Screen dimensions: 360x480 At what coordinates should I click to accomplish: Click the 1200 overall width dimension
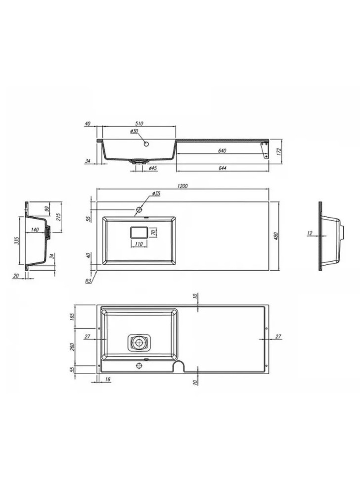(x=182, y=186)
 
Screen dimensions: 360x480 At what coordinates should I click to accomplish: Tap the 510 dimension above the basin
(x=139, y=124)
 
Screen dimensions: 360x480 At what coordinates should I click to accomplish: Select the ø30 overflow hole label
(x=135, y=131)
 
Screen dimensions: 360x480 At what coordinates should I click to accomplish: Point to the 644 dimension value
(x=223, y=168)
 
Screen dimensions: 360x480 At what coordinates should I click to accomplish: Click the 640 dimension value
(x=222, y=150)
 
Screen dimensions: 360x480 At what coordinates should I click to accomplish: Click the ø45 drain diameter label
(x=153, y=168)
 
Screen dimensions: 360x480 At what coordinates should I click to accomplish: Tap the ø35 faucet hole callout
(x=156, y=193)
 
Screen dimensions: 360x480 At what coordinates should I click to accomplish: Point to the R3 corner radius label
(x=89, y=281)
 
